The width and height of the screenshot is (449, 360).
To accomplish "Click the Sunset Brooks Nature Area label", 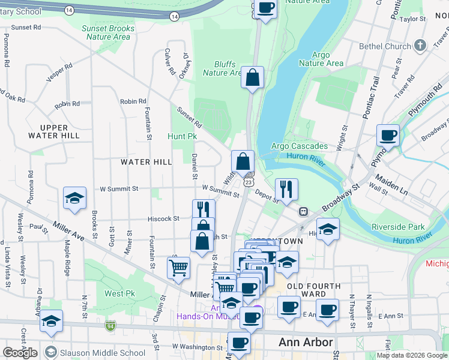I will coord(108,32).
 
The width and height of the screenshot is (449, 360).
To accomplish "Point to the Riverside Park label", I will coord(398,227).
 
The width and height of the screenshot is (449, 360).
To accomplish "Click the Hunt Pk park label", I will coord(182,136).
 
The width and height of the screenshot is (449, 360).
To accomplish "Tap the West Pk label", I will coord(119,293).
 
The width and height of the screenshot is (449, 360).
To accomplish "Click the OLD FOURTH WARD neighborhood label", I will coord(313,290).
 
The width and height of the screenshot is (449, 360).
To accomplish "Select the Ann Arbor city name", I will coord(306,343).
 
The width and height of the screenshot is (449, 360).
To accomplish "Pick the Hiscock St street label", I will coord(164,219).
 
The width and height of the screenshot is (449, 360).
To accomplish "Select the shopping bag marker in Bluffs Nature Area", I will coord(253,77).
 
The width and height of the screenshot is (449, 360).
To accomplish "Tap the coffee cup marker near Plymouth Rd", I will coord(388,135).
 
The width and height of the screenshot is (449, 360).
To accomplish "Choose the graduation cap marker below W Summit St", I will coord(74,198).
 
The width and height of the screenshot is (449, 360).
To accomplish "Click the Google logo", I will coord(20,353).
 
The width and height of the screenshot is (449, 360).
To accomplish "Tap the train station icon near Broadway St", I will coord(304,211).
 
